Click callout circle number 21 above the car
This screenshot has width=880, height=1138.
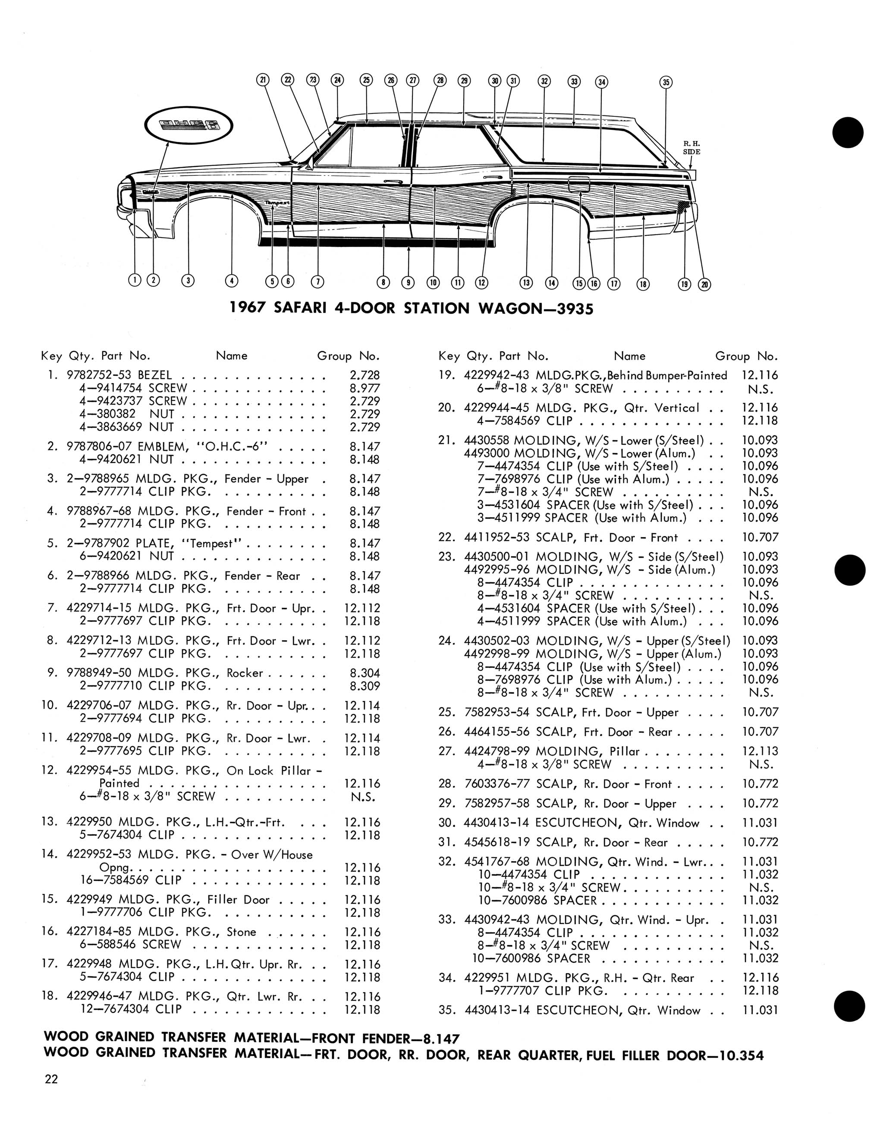(x=263, y=80)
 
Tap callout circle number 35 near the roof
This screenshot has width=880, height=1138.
(x=666, y=82)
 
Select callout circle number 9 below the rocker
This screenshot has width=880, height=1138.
(x=408, y=282)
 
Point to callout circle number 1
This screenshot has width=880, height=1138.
(x=135, y=280)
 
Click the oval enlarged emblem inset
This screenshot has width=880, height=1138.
(x=189, y=125)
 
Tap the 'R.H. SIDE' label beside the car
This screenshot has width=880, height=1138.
(x=692, y=147)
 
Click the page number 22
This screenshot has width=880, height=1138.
(x=51, y=1079)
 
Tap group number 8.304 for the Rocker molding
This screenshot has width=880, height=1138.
(x=365, y=673)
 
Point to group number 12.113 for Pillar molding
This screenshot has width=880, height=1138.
(x=760, y=751)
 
